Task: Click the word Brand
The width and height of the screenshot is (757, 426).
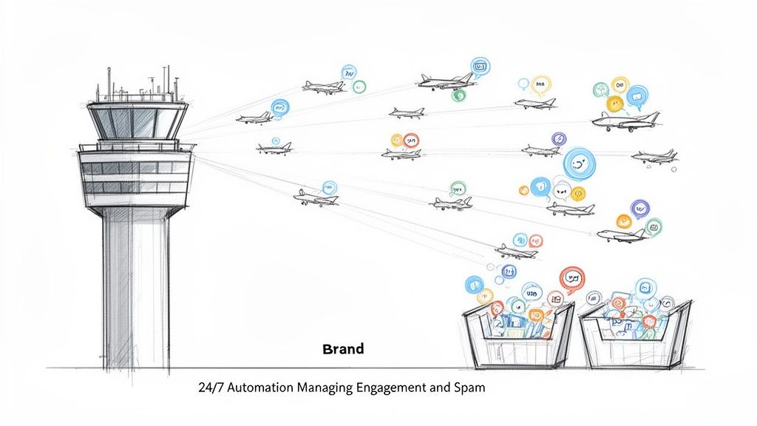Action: pyautogui.click(x=343, y=349)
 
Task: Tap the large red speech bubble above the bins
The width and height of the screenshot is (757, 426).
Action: pyautogui.click(x=571, y=279)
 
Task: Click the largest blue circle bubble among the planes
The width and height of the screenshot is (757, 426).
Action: pyautogui.click(x=579, y=163)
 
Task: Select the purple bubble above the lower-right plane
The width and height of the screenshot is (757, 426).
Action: pyautogui.click(x=639, y=208)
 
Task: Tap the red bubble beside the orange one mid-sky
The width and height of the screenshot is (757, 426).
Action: pyautogui.click(x=411, y=139)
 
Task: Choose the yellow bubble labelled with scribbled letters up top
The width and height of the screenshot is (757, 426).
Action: pyautogui.click(x=541, y=84)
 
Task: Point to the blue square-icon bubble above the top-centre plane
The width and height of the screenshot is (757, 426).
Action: pyautogui.click(x=480, y=66)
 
